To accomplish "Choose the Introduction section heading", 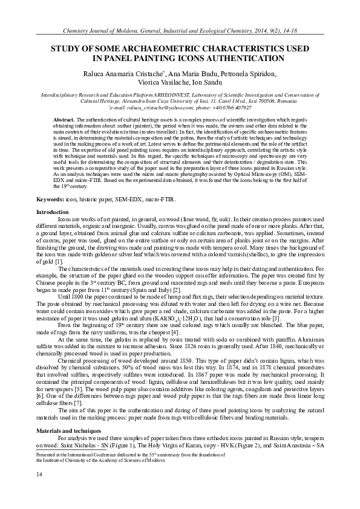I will (x=53, y=212).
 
